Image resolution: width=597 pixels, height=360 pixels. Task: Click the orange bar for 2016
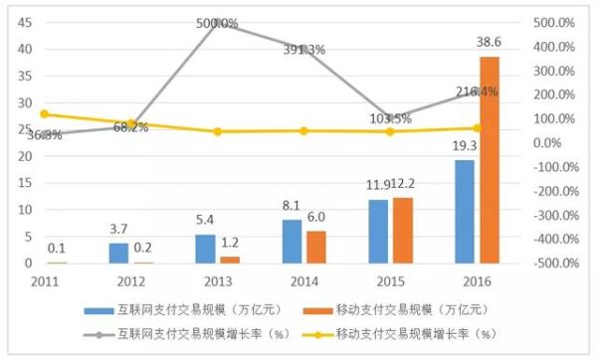click(490, 159)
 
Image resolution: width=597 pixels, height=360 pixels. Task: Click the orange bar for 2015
click(403, 230)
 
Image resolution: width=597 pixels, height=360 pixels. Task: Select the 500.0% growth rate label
click(217, 22)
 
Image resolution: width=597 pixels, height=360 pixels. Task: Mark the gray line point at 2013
click(217, 22)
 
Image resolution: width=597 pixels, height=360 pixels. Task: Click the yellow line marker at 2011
click(43, 114)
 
